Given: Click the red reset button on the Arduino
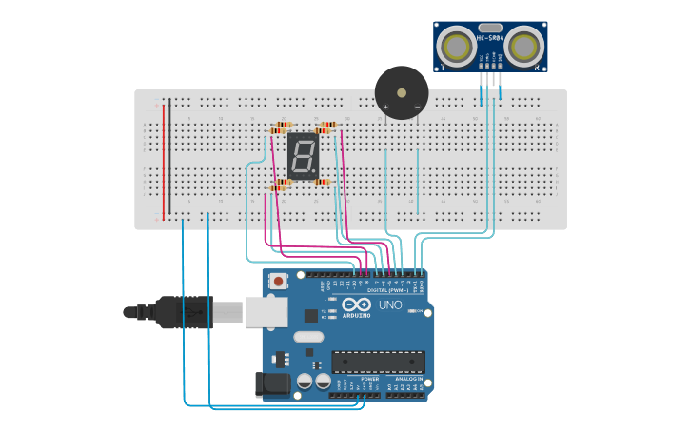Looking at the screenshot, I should (278, 281).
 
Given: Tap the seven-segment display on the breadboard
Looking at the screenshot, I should (303, 155).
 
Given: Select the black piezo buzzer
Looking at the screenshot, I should (402, 92).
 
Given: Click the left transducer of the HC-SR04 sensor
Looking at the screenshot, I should (458, 45).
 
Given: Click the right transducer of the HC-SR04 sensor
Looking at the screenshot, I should (523, 45).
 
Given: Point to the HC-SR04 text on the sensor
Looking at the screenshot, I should (489, 37).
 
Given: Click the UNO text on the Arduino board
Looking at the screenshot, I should (390, 305).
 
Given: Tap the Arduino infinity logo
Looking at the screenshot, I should (357, 304).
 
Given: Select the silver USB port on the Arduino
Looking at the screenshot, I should (266, 311).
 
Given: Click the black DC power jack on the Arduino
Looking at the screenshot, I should (272, 383).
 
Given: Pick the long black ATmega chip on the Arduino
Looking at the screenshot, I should (378, 362).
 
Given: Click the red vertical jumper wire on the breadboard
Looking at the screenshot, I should (163, 157).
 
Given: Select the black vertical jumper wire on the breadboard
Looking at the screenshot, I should (169, 157).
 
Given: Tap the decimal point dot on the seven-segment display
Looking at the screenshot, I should (315, 173).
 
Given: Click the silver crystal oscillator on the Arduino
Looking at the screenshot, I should (308, 337).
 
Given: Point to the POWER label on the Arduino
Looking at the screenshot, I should (369, 379).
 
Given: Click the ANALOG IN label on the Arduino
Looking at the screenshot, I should (406, 379).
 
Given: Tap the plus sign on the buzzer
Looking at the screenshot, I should (385, 107).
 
